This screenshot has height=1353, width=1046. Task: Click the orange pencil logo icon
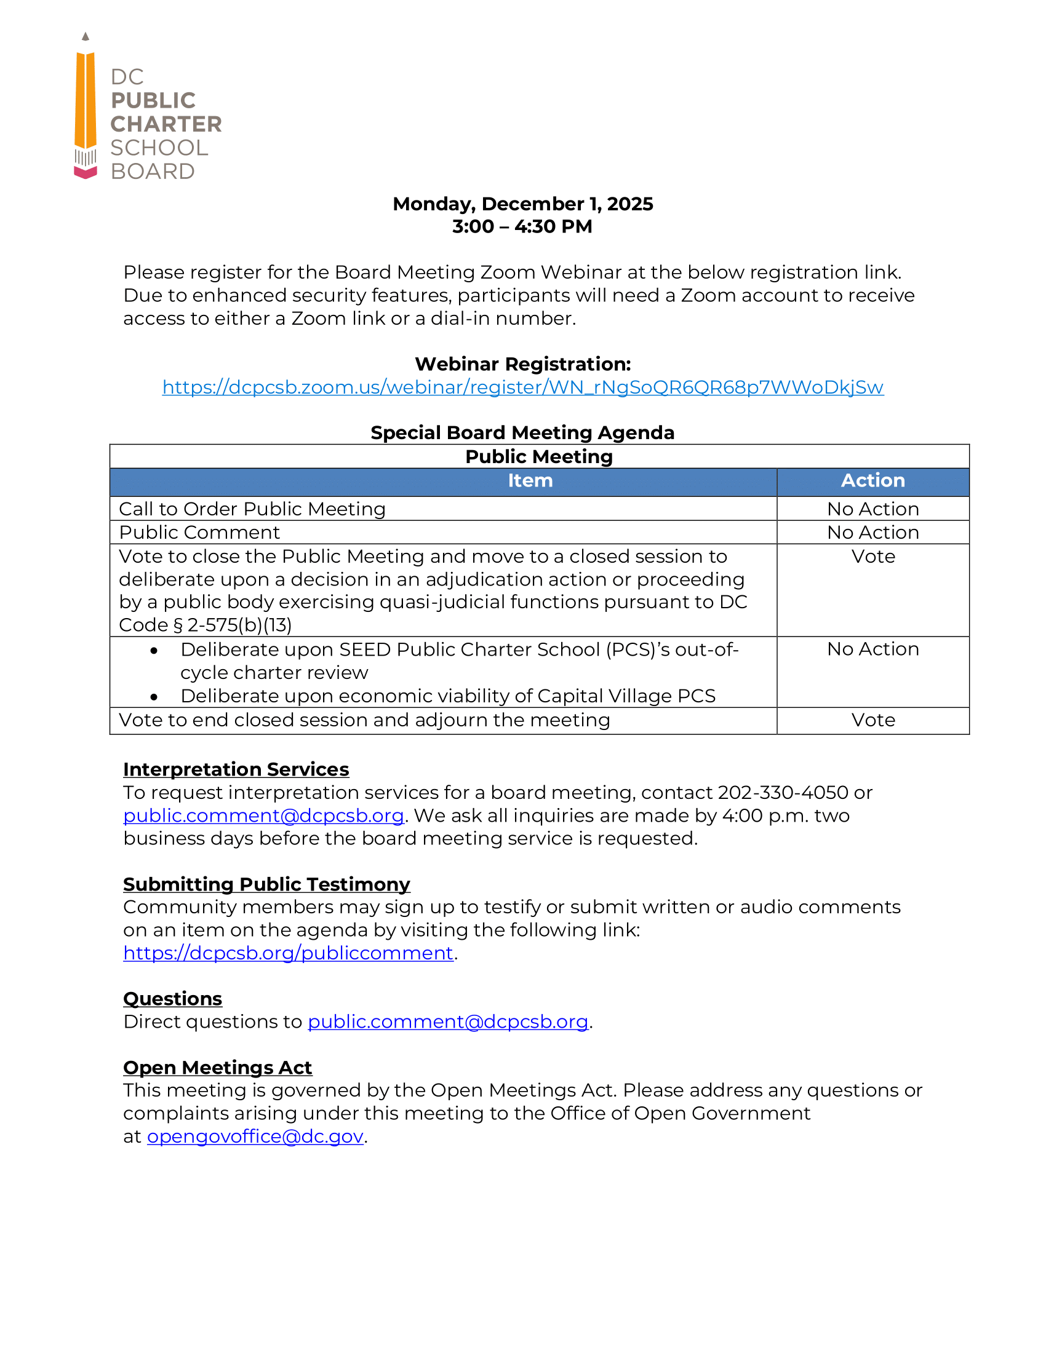86,108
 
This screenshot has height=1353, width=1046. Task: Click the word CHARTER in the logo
166,124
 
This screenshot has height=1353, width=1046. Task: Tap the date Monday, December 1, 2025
522,204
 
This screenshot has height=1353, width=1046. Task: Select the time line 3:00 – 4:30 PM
522,227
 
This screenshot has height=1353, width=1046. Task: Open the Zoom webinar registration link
522,387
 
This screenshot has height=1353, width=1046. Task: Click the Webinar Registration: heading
522,364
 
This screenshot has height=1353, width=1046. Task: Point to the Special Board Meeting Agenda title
522,432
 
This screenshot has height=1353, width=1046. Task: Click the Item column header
530,481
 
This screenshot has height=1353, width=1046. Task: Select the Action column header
872,481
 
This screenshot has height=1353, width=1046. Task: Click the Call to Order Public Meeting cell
252,509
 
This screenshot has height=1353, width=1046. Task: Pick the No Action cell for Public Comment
872,533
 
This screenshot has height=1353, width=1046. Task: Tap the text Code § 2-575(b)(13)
205,625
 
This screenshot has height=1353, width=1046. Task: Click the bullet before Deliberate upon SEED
154,651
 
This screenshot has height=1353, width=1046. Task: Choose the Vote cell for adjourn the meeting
872,721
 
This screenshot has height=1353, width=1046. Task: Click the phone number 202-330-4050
783,793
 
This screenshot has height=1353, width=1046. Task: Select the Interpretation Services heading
236,769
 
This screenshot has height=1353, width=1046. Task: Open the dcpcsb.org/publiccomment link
288,953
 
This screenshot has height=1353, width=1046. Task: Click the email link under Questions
447,1022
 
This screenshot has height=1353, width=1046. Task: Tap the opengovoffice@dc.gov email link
255,1137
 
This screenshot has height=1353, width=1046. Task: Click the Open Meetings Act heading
217,1068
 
